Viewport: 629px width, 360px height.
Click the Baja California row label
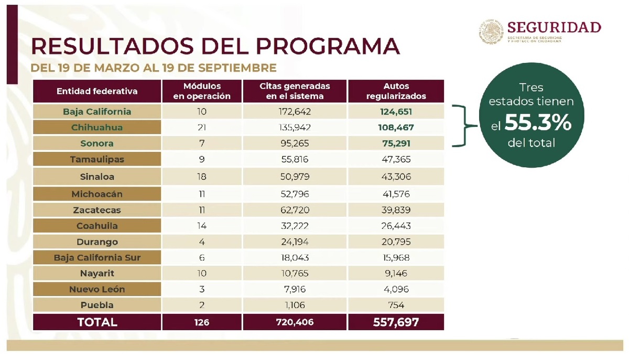(97, 112)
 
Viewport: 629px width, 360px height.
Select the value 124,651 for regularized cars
(396, 112)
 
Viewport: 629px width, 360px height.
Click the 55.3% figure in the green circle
(537, 124)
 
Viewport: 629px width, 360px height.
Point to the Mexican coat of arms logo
(490, 31)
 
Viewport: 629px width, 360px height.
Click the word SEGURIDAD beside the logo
(554, 27)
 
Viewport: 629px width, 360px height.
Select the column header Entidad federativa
(97, 91)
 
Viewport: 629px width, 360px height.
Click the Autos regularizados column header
(396, 91)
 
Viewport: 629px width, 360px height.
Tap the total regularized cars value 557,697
(396, 322)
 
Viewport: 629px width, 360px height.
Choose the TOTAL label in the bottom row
(97, 322)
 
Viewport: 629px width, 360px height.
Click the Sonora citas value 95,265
(295, 143)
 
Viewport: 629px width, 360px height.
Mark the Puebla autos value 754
(396, 305)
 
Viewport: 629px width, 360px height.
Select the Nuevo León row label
(97, 289)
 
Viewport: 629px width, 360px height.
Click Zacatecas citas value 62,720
(295, 210)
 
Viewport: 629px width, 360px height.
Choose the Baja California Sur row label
(97, 258)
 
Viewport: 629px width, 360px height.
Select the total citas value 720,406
(295, 322)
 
